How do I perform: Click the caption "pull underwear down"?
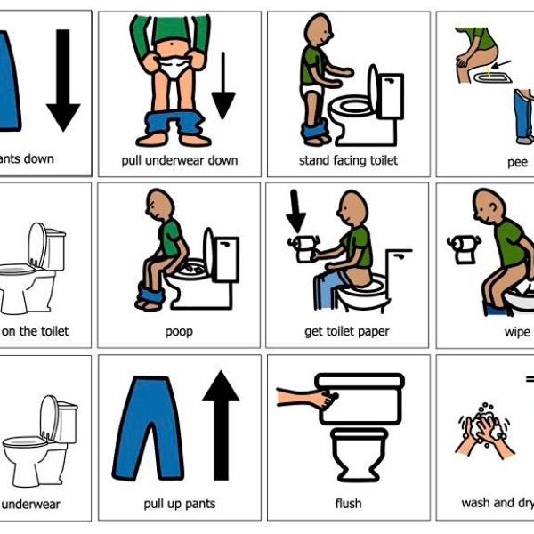pyautogui.click(x=179, y=160)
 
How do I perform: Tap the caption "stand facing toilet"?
pyautogui.click(x=348, y=160)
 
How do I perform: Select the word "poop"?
pyautogui.click(x=179, y=332)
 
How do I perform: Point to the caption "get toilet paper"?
pyautogui.click(x=348, y=332)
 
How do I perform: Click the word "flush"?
pyautogui.click(x=348, y=504)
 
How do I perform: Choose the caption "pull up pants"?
pyautogui.click(x=179, y=504)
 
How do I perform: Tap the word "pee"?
pyautogui.click(x=517, y=162)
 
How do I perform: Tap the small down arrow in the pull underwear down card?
pyautogui.click(x=222, y=85)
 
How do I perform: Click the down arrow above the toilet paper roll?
pyautogui.click(x=295, y=214)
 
